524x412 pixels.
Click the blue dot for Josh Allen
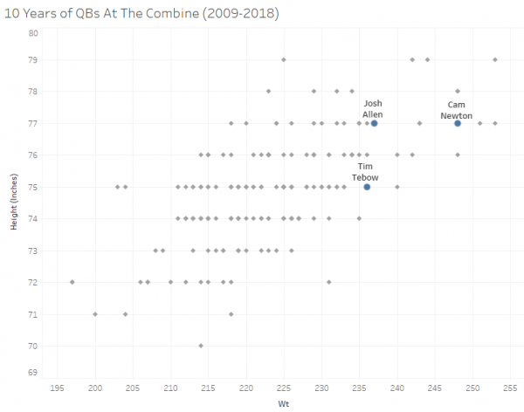(374, 123)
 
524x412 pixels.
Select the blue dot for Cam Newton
(458, 123)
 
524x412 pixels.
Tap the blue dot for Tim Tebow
(367, 187)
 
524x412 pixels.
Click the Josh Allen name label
(373, 109)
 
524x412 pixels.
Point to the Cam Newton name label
(457, 109)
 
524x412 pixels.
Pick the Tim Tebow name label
(365, 172)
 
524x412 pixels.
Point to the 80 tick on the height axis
(32, 33)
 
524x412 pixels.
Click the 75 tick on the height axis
(32, 187)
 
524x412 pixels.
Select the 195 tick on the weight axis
(58, 388)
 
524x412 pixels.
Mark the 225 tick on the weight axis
(284, 388)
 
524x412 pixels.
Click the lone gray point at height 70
(201, 346)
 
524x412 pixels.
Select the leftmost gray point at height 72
(72, 282)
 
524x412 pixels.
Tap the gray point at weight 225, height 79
(284, 59)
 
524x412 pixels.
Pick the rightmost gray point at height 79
(495, 59)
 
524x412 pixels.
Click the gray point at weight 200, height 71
(95, 313)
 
